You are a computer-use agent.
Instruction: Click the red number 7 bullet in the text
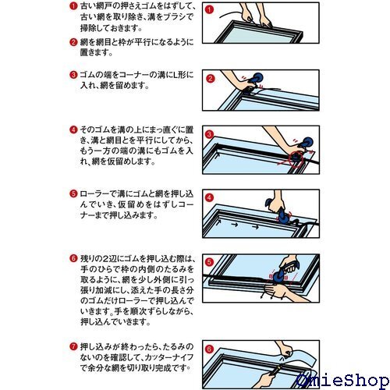click(x=73, y=346)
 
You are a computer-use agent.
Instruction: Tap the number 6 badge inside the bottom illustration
click(x=210, y=349)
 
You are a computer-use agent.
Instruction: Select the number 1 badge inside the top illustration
click(x=209, y=10)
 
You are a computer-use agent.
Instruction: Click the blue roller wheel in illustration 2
click(x=257, y=78)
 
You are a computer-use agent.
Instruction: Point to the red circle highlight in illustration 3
click(x=296, y=158)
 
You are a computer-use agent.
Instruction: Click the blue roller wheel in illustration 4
click(x=282, y=218)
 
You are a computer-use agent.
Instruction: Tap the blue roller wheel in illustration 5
click(x=278, y=276)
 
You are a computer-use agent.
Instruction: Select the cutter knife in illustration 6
click(x=276, y=370)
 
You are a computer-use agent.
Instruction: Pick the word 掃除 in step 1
click(x=90, y=28)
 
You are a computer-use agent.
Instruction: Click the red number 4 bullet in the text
click(x=73, y=129)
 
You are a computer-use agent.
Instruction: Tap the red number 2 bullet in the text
click(x=73, y=42)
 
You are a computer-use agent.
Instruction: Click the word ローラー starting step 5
click(x=94, y=194)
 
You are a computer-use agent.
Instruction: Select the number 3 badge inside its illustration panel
click(x=209, y=134)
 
